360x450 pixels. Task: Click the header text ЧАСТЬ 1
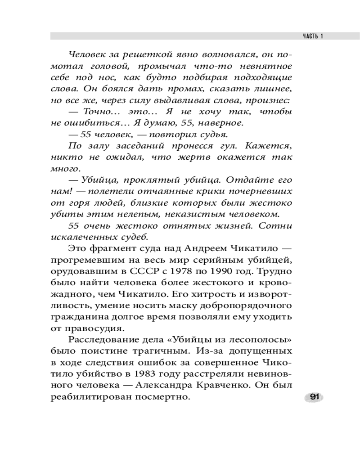click(311, 36)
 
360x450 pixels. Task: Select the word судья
click(214, 134)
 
